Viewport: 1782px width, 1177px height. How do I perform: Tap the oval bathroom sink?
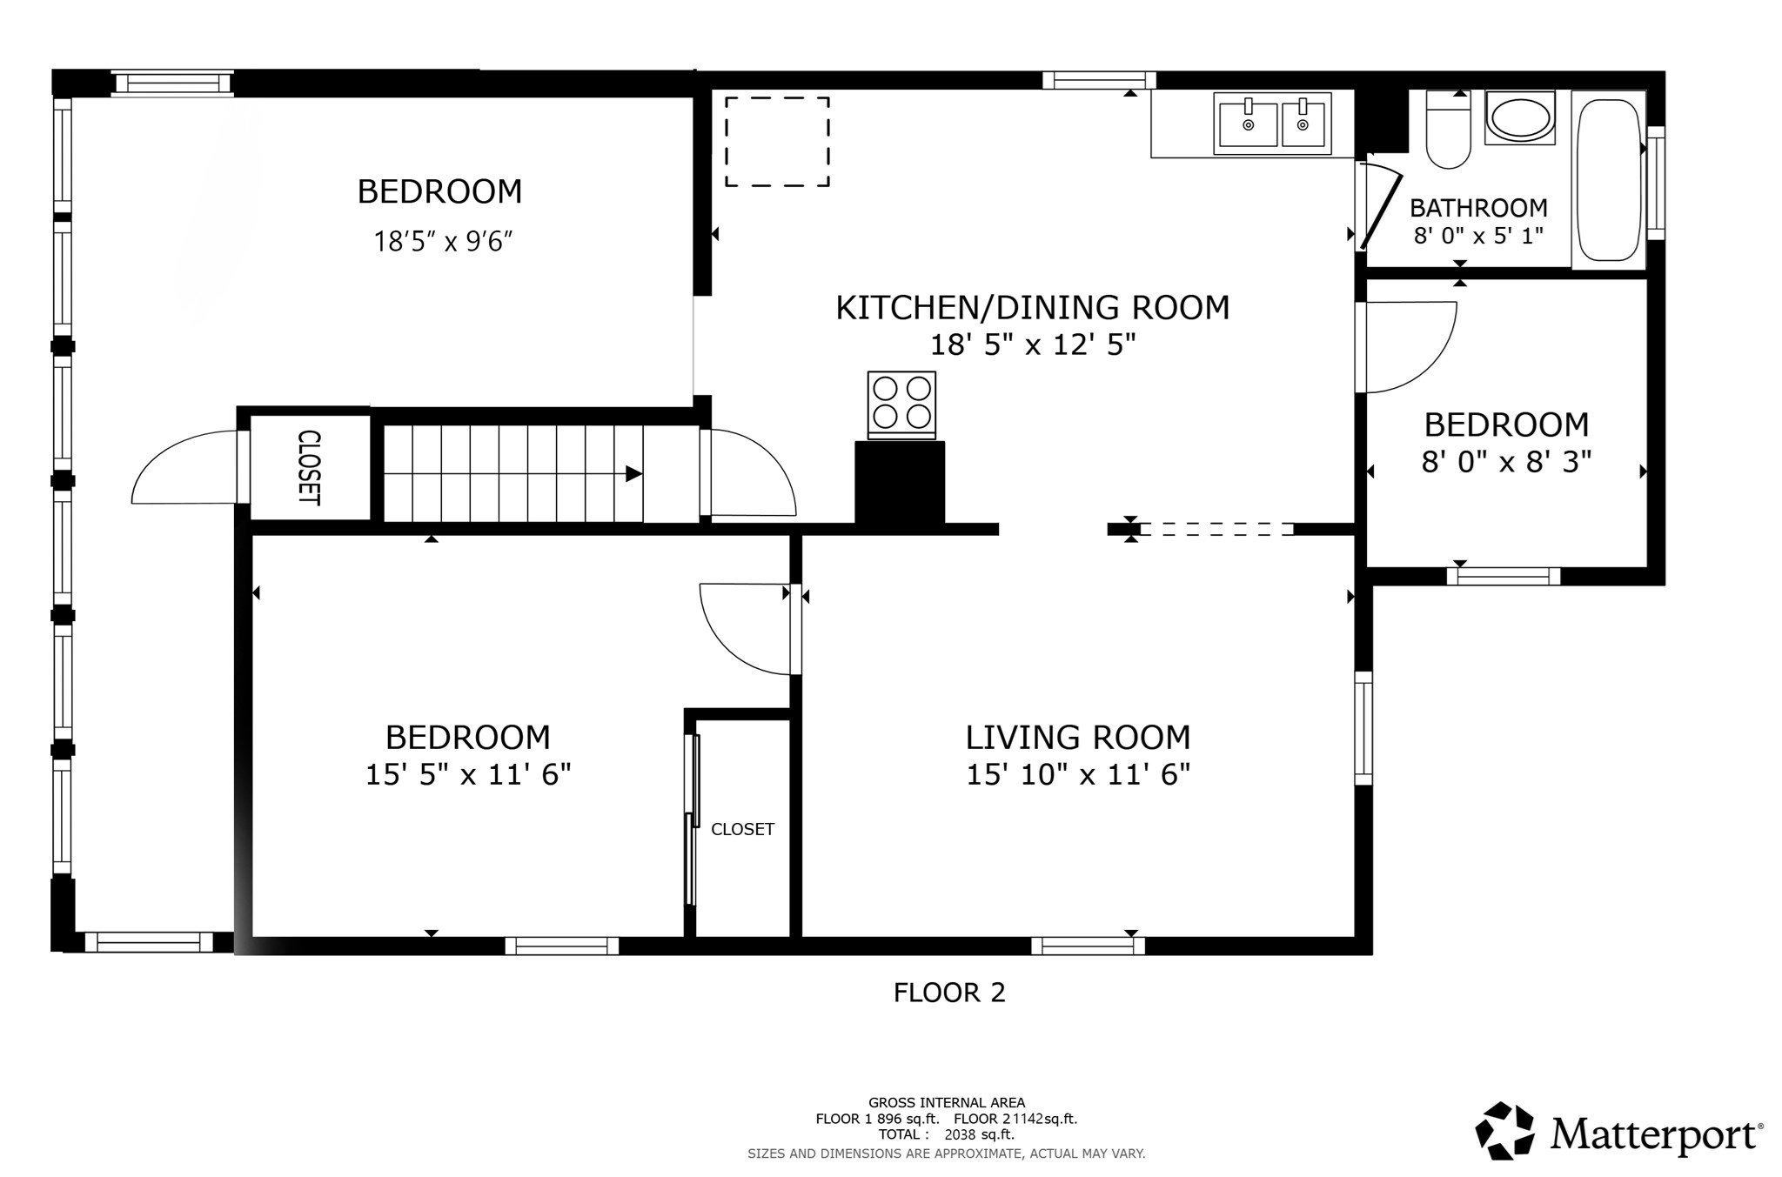tap(1520, 119)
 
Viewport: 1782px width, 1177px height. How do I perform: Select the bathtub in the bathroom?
tap(1608, 180)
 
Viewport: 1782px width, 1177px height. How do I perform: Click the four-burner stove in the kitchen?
tap(901, 404)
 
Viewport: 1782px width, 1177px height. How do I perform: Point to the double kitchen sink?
tap(1274, 124)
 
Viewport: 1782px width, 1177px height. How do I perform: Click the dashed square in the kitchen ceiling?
tap(777, 141)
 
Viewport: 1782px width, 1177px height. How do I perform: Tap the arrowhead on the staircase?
tap(633, 474)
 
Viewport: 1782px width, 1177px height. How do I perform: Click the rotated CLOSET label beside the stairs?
tap(309, 468)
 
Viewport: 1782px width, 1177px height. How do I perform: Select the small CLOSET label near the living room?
tap(742, 829)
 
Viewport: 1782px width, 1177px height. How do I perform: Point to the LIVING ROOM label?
tap(1077, 738)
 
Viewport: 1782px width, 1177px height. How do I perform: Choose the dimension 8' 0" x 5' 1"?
tap(1478, 236)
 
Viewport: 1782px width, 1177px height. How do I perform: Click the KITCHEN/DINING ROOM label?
tap(1032, 308)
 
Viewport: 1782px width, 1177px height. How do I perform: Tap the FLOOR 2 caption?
tap(949, 993)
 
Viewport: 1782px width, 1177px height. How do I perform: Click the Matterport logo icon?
tap(1504, 1132)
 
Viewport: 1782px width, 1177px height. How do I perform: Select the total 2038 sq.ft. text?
tap(979, 1134)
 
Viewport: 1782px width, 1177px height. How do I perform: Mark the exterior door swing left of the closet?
tap(184, 470)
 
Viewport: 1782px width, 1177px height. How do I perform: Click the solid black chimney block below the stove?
tap(900, 483)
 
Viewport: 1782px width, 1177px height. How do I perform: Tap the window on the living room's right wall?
tap(1363, 728)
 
